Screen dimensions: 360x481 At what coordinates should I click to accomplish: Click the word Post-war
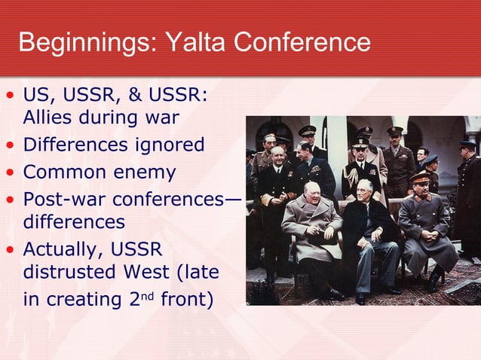[58, 200]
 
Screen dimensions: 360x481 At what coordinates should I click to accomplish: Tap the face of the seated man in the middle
[366, 190]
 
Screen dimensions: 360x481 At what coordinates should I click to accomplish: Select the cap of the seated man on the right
[419, 175]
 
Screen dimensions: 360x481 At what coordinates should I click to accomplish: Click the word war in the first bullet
[163, 118]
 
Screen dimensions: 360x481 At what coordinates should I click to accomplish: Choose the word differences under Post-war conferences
[72, 223]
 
